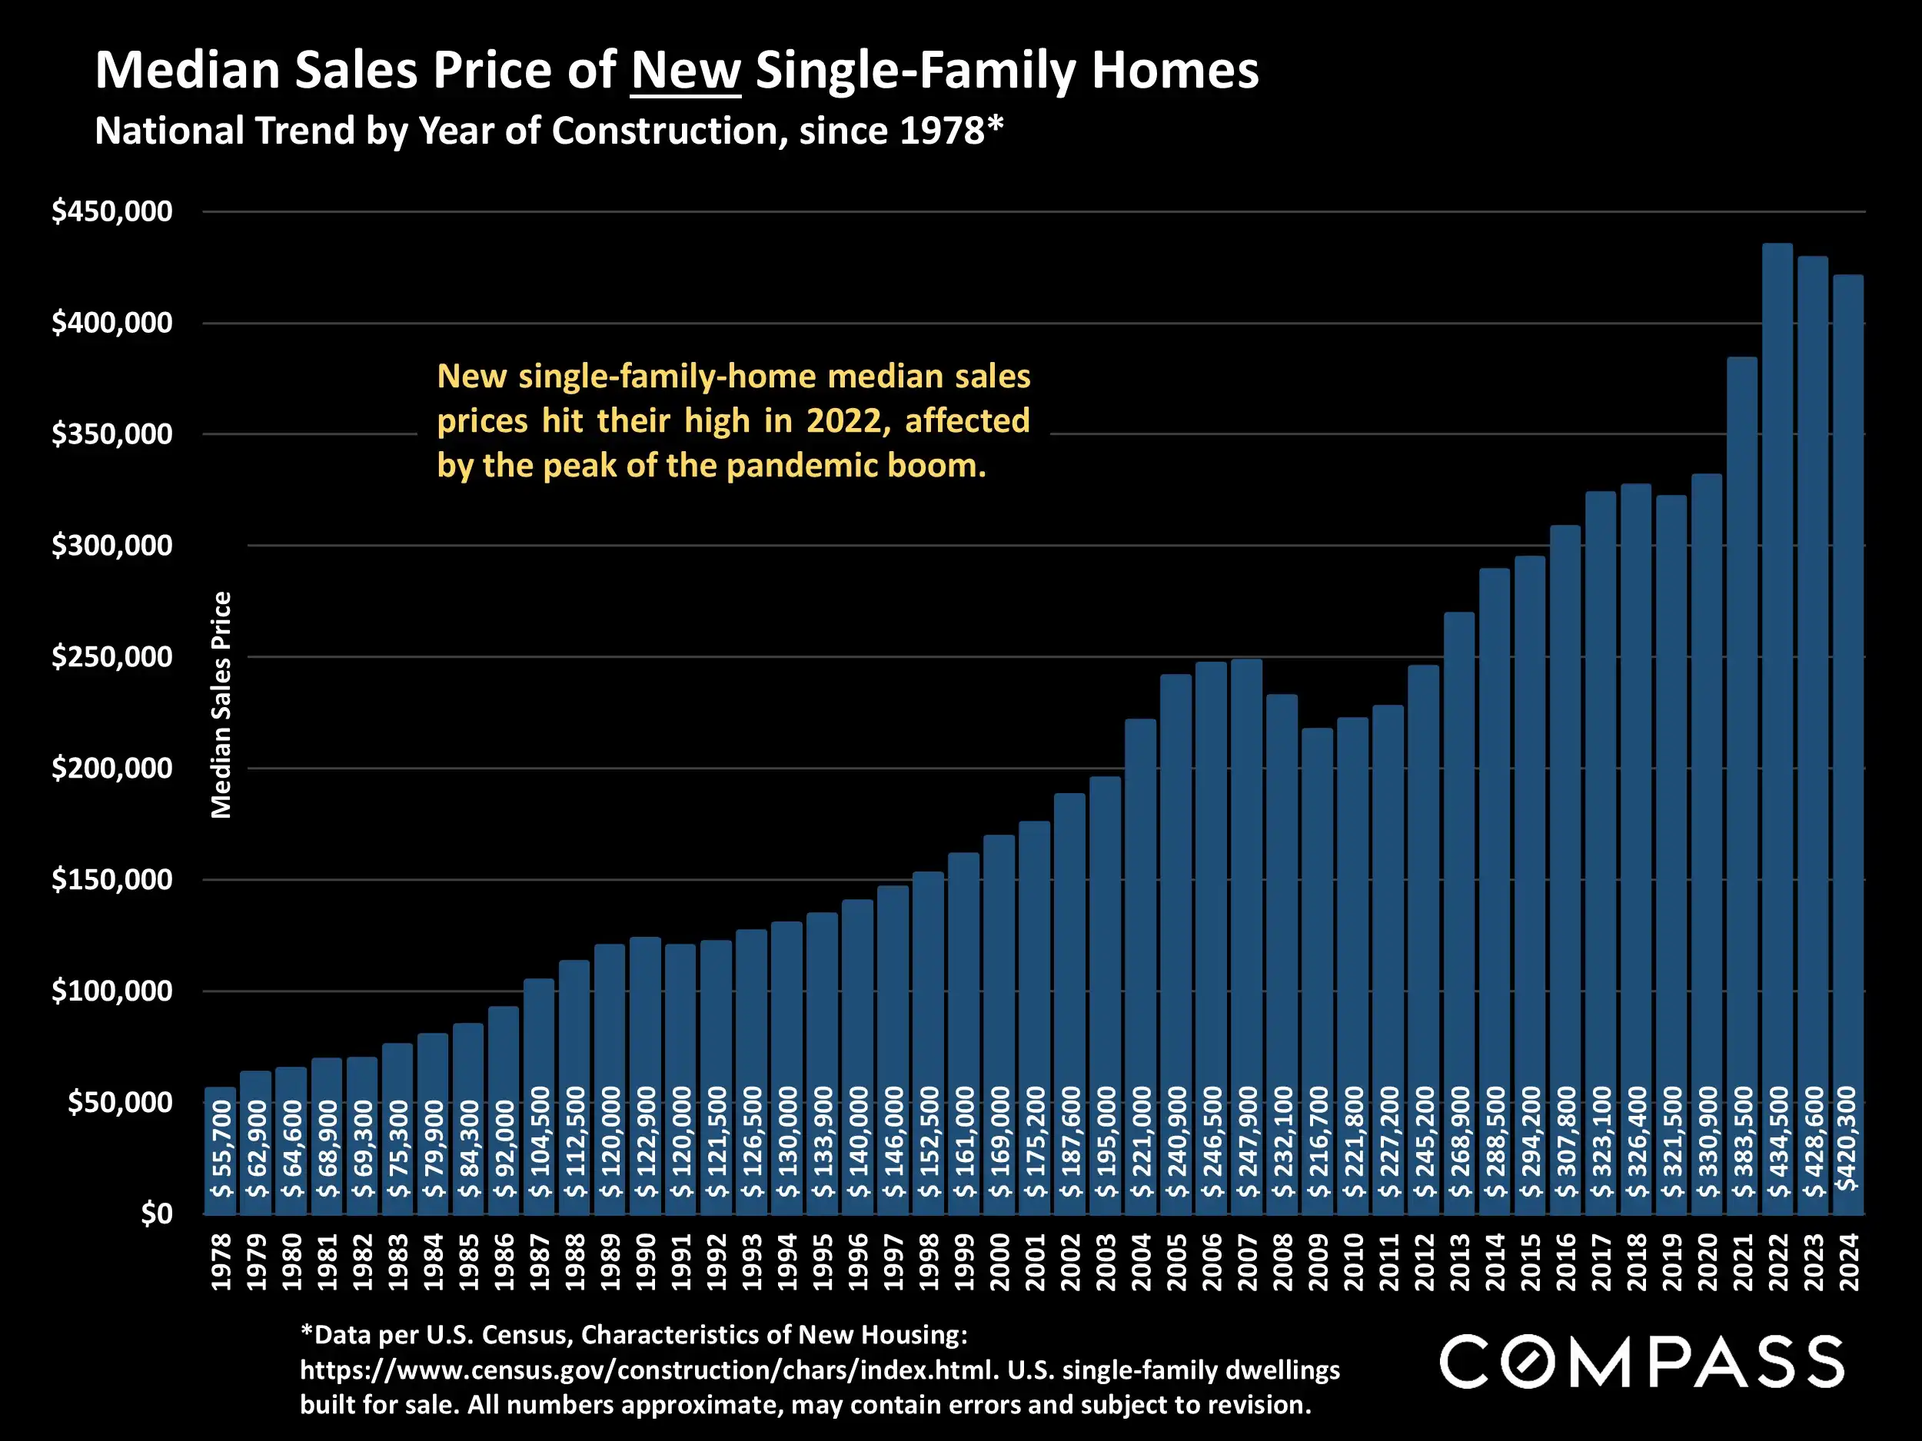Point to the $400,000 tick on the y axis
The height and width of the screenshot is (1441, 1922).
coord(112,323)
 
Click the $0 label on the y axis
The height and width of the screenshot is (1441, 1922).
coord(156,1214)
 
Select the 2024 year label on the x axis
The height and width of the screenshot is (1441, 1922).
coord(1848,1262)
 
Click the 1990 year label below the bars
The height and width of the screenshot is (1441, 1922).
coord(646,1262)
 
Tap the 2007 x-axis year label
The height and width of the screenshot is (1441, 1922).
coord(1247,1262)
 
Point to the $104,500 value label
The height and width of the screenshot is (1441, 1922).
coord(540,1141)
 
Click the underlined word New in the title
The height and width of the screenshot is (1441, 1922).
coord(686,71)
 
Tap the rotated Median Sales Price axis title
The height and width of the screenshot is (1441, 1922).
coord(221,705)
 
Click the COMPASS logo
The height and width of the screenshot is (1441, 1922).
coord(1641,1362)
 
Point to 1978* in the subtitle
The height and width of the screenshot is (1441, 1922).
coord(952,131)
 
